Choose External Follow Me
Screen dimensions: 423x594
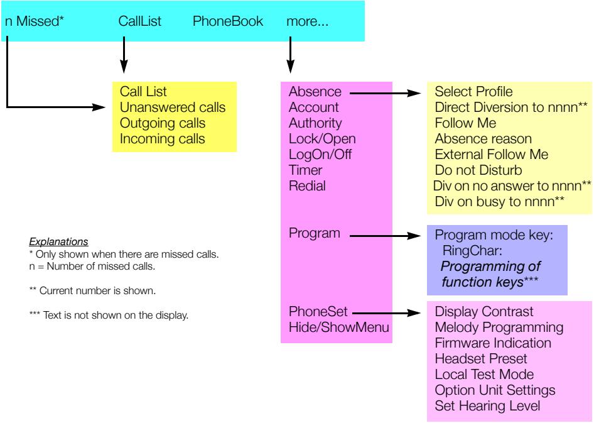pyautogui.click(x=491, y=154)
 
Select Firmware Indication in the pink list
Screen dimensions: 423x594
pyautogui.click(x=493, y=343)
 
